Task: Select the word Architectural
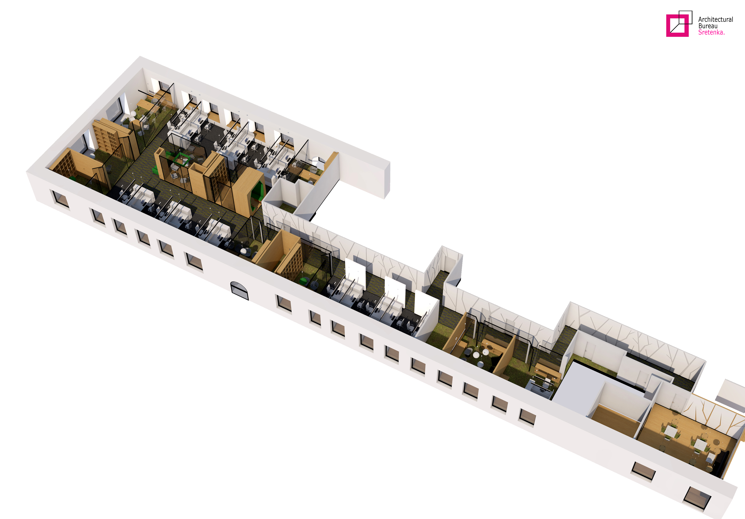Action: (x=716, y=19)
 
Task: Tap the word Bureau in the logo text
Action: (x=708, y=26)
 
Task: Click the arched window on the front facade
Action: (x=239, y=291)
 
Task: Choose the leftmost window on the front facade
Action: (x=60, y=198)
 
